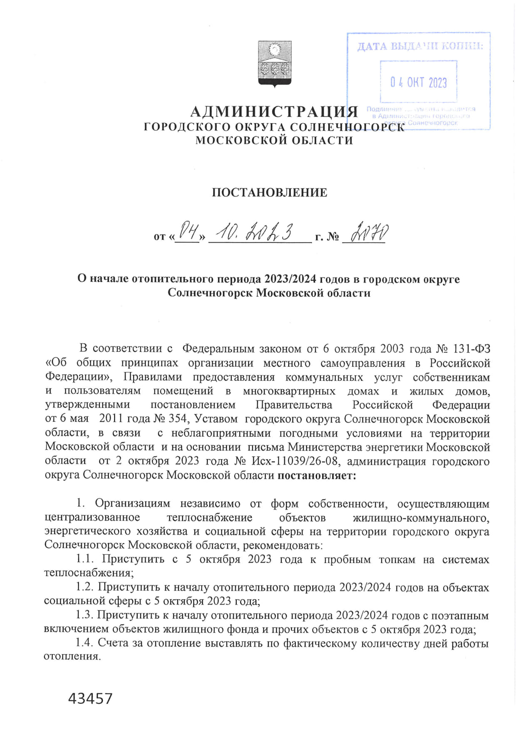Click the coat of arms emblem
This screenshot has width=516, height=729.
(275, 64)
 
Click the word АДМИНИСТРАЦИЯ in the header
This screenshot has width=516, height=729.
(274, 112)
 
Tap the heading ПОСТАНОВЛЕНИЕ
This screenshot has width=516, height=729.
(269, 193)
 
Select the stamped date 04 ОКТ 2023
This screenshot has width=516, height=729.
(418, 82)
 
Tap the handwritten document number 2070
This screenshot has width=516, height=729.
(370, 233)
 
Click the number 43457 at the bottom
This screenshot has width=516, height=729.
(90, 698)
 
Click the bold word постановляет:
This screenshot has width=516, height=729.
(317, 475)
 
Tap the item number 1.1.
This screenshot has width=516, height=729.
(85, 559)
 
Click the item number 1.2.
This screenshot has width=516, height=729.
(85, 587)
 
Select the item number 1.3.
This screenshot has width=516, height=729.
(85, 615)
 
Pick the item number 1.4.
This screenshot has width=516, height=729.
(85, 643)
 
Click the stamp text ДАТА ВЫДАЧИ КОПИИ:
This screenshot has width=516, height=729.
(420, 47)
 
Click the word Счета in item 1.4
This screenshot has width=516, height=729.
(114, 643)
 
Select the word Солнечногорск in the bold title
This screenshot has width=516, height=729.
(210, 293)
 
